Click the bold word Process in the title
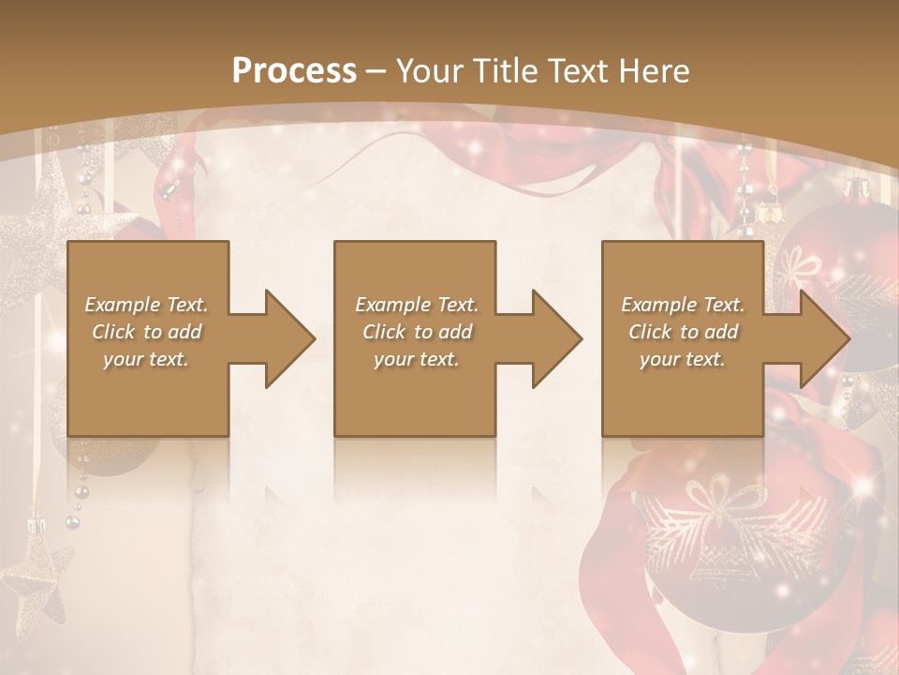click(294, 71)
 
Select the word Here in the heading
click(655, 71)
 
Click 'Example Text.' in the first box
click(146, 305)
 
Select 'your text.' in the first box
click(146, 359)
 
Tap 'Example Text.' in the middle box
click(417, 305)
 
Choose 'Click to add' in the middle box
click(417, 332)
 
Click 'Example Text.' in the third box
click(683, 305)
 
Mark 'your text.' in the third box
click(683, 359)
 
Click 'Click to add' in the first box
click(146, 332)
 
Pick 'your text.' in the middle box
click(417, 359)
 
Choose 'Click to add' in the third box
click(683, 332)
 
